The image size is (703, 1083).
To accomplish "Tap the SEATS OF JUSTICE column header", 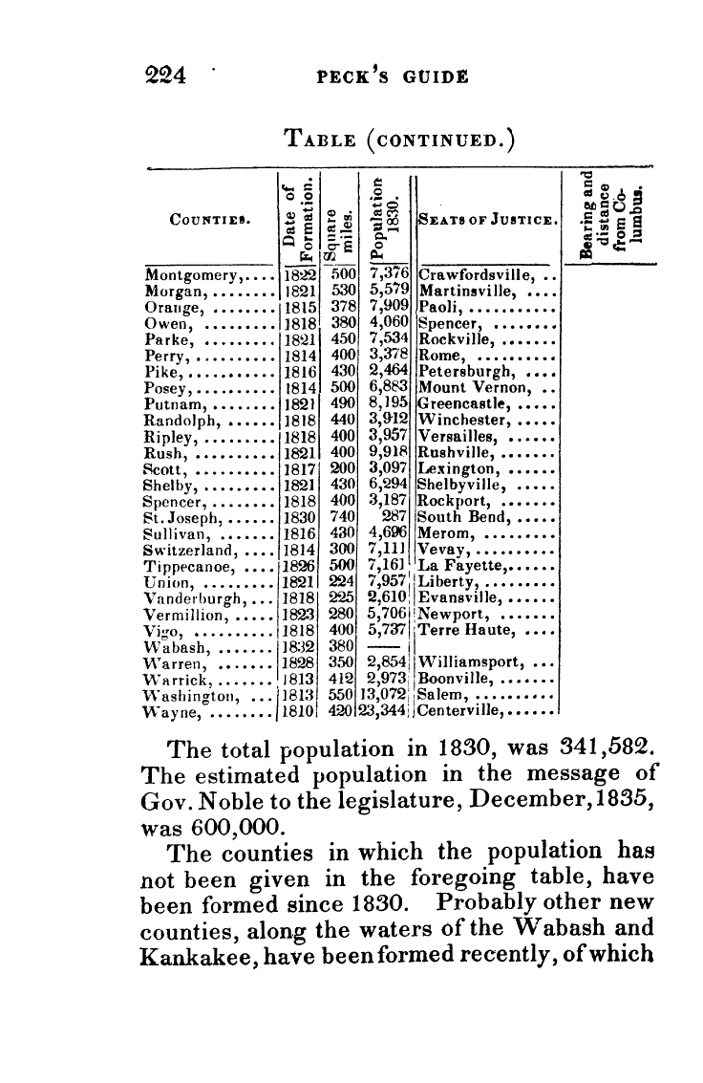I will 488,222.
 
